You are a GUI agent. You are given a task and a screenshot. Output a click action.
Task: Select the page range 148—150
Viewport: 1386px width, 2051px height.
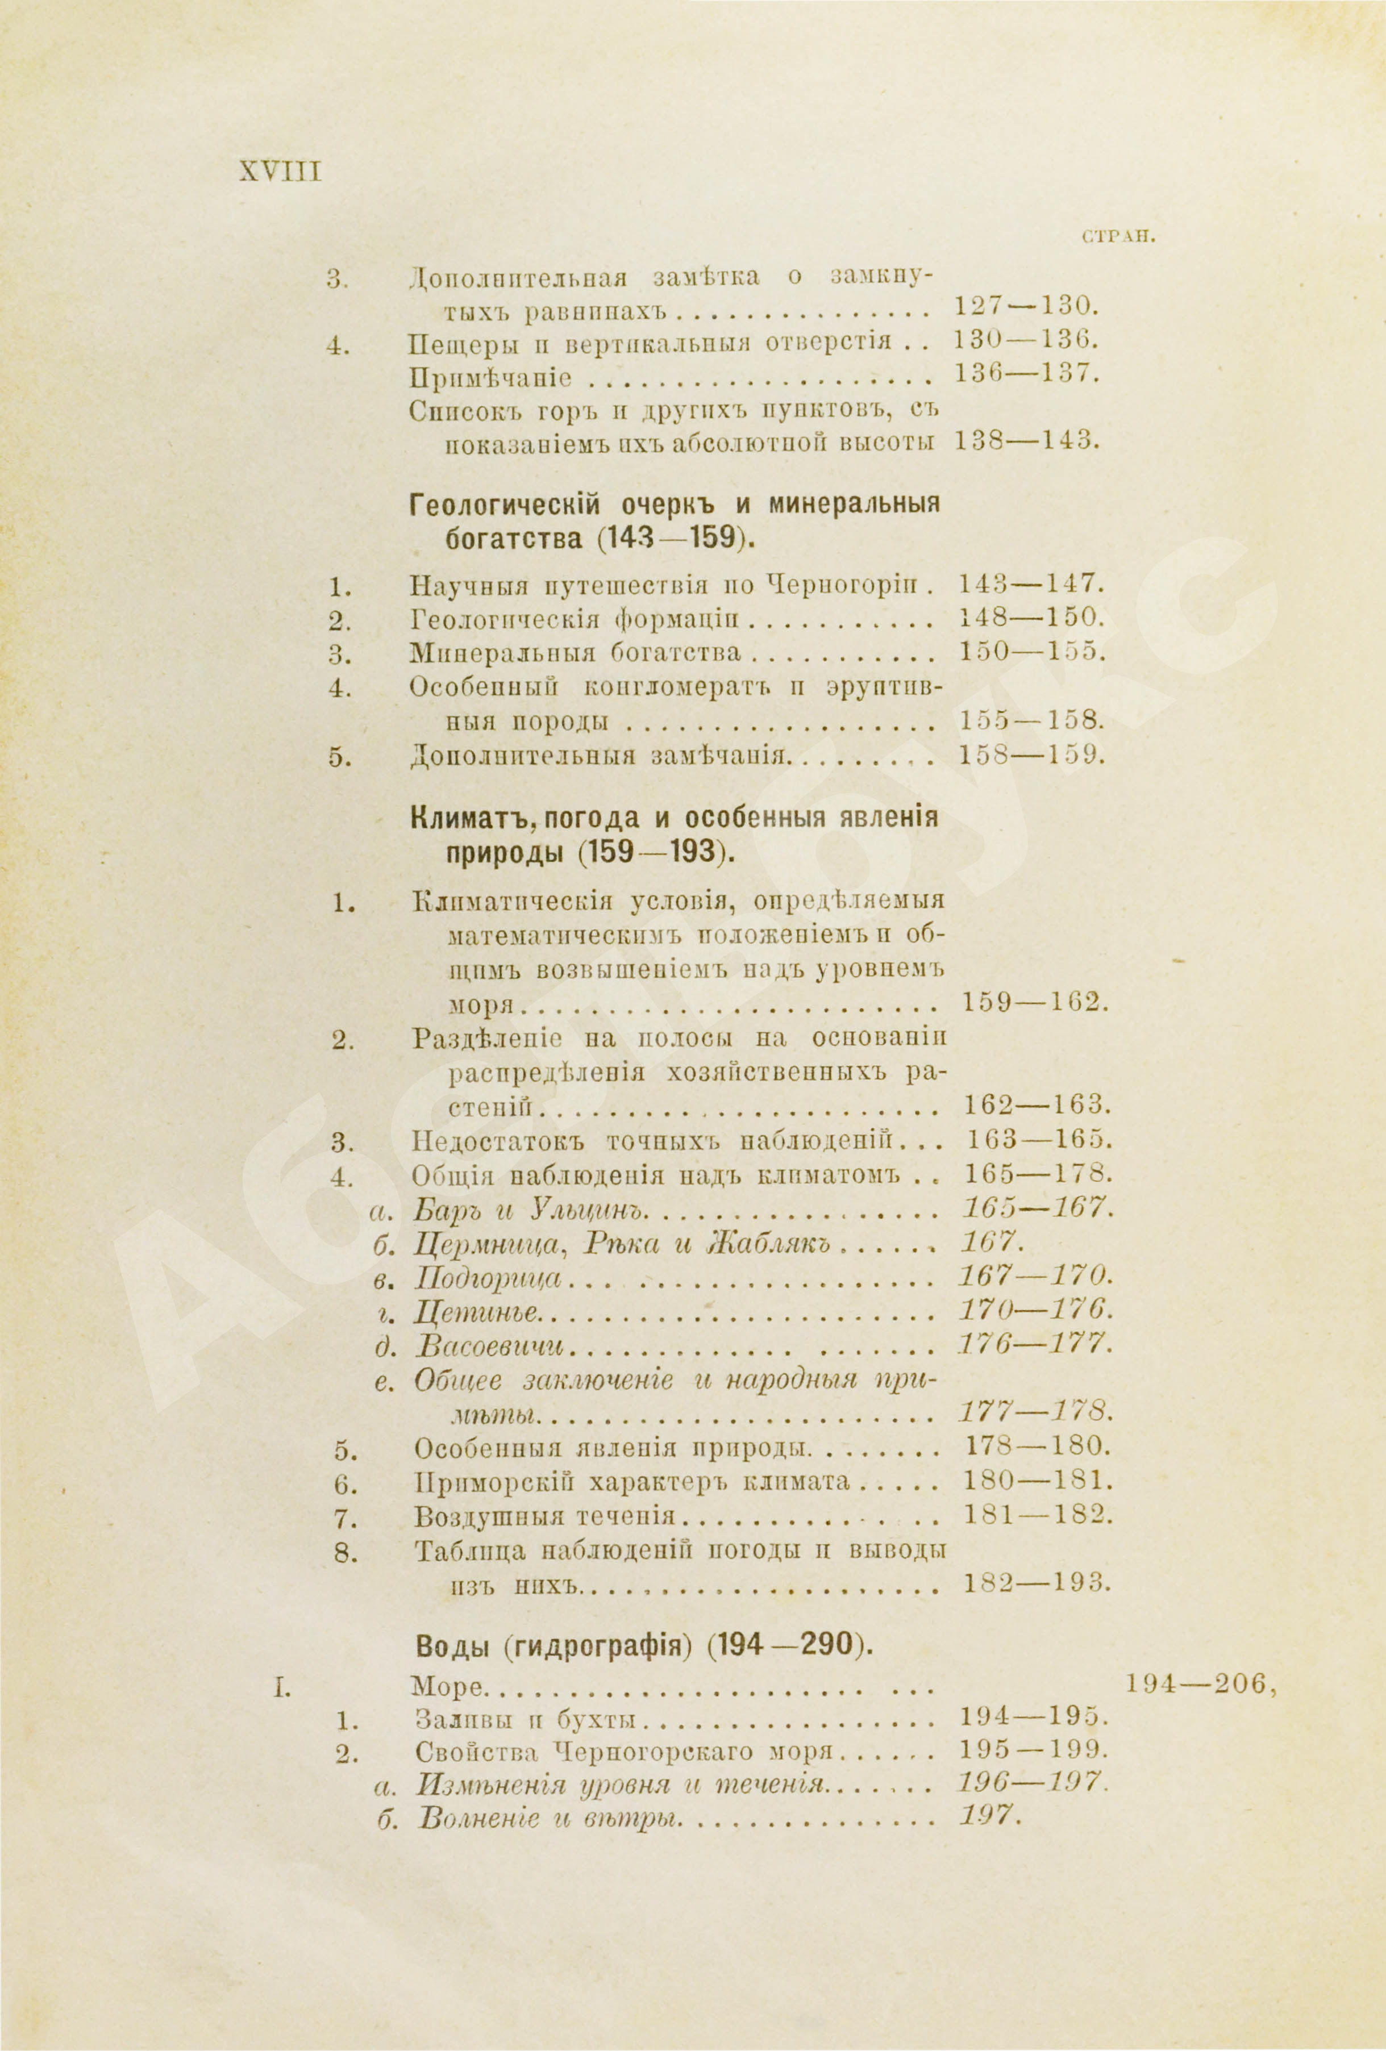1030,619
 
